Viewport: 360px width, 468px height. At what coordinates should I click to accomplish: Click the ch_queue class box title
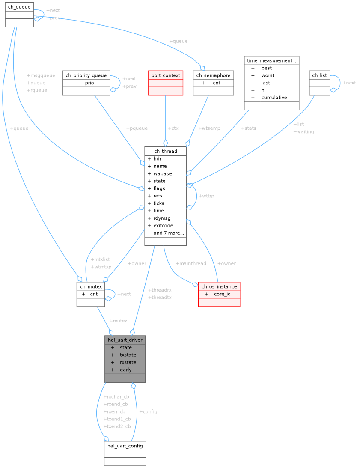click(19, 7)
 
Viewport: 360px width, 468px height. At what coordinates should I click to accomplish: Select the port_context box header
click(165, 75)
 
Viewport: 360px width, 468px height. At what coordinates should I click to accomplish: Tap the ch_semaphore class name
click(213, 75)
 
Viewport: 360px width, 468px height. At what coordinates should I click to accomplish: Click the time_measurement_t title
click(271, 60)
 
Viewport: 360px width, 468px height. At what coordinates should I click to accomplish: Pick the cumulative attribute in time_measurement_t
click(274, 98)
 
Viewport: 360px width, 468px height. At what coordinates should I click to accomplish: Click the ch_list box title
click(319, 75)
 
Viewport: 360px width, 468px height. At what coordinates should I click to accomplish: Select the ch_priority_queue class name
click(86, 75)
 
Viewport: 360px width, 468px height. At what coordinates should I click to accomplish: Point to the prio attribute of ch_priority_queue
click(89, 83)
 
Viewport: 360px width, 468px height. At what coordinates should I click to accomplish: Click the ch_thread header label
click(165, 151)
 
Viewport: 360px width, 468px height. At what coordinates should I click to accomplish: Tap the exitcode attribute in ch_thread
click(163, 225)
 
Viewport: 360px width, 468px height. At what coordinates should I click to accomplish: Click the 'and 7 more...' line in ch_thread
click(169, 233)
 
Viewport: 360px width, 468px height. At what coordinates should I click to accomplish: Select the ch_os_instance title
click(219, 286)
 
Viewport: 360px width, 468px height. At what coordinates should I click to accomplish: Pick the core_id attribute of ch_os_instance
click(222, 294)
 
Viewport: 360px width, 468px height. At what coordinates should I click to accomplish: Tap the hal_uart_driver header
click(125, 340)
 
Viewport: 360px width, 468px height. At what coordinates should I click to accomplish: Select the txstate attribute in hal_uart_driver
click(128, 355)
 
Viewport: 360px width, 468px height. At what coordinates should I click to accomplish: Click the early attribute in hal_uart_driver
click(125, 370)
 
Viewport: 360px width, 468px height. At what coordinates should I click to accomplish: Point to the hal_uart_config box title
click(125, 446)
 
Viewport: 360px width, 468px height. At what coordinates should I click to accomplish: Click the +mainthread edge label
click(191, 263)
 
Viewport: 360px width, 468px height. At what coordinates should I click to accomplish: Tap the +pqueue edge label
click(137, 128)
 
